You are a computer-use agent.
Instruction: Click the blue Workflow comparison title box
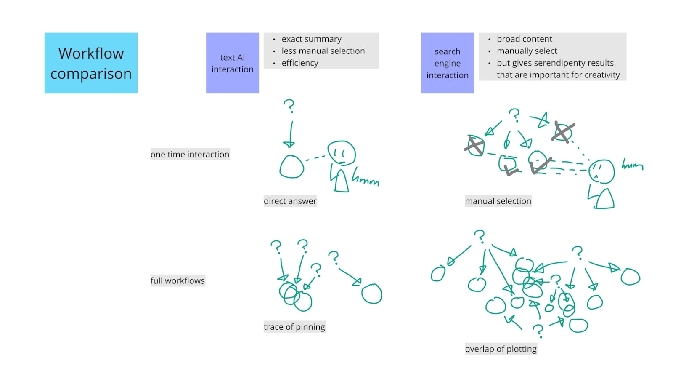click(91, 63)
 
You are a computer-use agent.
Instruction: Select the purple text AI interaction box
click(232, 63)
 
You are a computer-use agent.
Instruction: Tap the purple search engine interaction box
click(447, 63)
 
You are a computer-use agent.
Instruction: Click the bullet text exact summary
click(311, 39)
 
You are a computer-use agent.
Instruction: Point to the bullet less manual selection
click(323, 51)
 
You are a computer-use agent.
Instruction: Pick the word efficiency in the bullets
click(300, 63)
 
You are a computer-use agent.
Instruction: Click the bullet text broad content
click(524, 39)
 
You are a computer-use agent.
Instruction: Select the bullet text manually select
click(527, 51)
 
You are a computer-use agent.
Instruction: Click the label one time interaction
click(190, 155)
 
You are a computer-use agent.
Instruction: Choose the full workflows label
click(178, 281)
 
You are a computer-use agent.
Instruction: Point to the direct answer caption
click(290, 201)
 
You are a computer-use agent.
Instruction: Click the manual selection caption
click(498, 201)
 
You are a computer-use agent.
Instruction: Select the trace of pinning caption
click(294, 327)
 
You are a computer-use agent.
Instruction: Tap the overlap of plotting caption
click(501, 349)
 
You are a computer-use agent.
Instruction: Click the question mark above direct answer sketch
click(289, 106)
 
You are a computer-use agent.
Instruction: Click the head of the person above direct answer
click(342, 152)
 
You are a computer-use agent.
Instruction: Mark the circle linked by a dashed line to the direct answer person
click(291, 166)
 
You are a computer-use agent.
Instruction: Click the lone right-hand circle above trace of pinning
click(372, 294)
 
